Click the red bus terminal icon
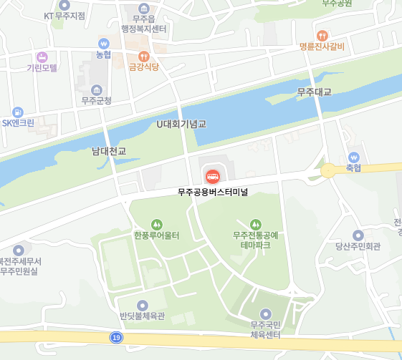pyautogui.click(x=213, y=175)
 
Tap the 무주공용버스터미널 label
pyautogui.click(x=213, y=192)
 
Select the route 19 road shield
pyautogui.click(x=116, y=337)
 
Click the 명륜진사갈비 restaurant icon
pyautogui.click(x=322, y=34)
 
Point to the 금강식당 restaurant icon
pyautogui.click(x=143, y=56)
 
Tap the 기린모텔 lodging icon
pyautogui.click(x=42, y=56)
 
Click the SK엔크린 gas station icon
pyautogui.click(x=18, y=112)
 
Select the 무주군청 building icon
pyautogui.click(x=96, y=89)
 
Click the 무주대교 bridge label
pyautogui.click(x=315, y=92)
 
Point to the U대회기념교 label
pyautogui.click(x=181, y=124)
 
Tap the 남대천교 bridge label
pyautogui.click(x=109, y=151)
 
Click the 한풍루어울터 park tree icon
pyautogui.click(x=156, y=224)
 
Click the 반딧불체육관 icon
pyautogui.click(x=142, y=305)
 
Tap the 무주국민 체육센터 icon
pyautogui.click(x=265, y=313)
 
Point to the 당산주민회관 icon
pyautogui.click(x=358, y=235)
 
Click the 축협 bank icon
pyautogui.click(x=353, y=157)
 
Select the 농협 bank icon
pyautogui.click(x=104, y=43)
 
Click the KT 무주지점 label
pyautogui.click(x=64, y=15)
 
